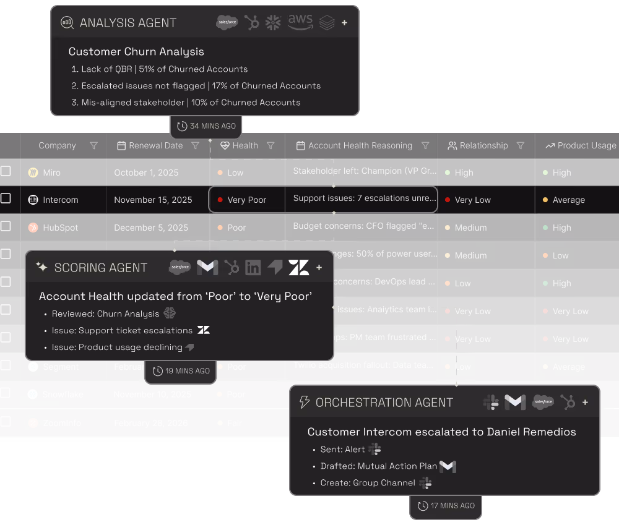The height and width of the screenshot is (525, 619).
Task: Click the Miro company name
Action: [x=51, y=173]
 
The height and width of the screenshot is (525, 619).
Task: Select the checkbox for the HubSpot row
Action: [x=6, y=227]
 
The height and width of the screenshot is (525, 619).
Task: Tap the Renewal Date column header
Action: [x=155, y=146]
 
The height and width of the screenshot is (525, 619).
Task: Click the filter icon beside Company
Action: [x=94, y=146]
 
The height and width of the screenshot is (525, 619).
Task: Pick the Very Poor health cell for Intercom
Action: [x=246, y=200]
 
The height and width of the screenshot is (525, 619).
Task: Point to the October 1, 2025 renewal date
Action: [x=142, y=173]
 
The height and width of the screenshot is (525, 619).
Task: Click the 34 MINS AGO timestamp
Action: [x=207, y=126]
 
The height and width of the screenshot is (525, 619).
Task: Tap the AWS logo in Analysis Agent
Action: [x=300, y=22]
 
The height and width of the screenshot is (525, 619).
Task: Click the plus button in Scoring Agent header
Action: [x=319, y=268]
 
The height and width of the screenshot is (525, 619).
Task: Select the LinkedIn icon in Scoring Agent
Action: [x=253, y=268]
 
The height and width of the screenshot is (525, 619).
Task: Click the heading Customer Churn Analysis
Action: [x=136, y=52]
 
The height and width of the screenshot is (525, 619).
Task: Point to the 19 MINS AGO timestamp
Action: [x=181, y=371]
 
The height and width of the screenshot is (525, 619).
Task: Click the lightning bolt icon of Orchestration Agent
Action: [x=304, y=403]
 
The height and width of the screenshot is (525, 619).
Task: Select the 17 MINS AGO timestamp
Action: [x=446, y=506]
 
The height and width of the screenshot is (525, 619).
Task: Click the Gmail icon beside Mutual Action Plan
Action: [x=448, y=466]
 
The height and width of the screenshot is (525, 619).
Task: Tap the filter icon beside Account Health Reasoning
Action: [x=425, y=146]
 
